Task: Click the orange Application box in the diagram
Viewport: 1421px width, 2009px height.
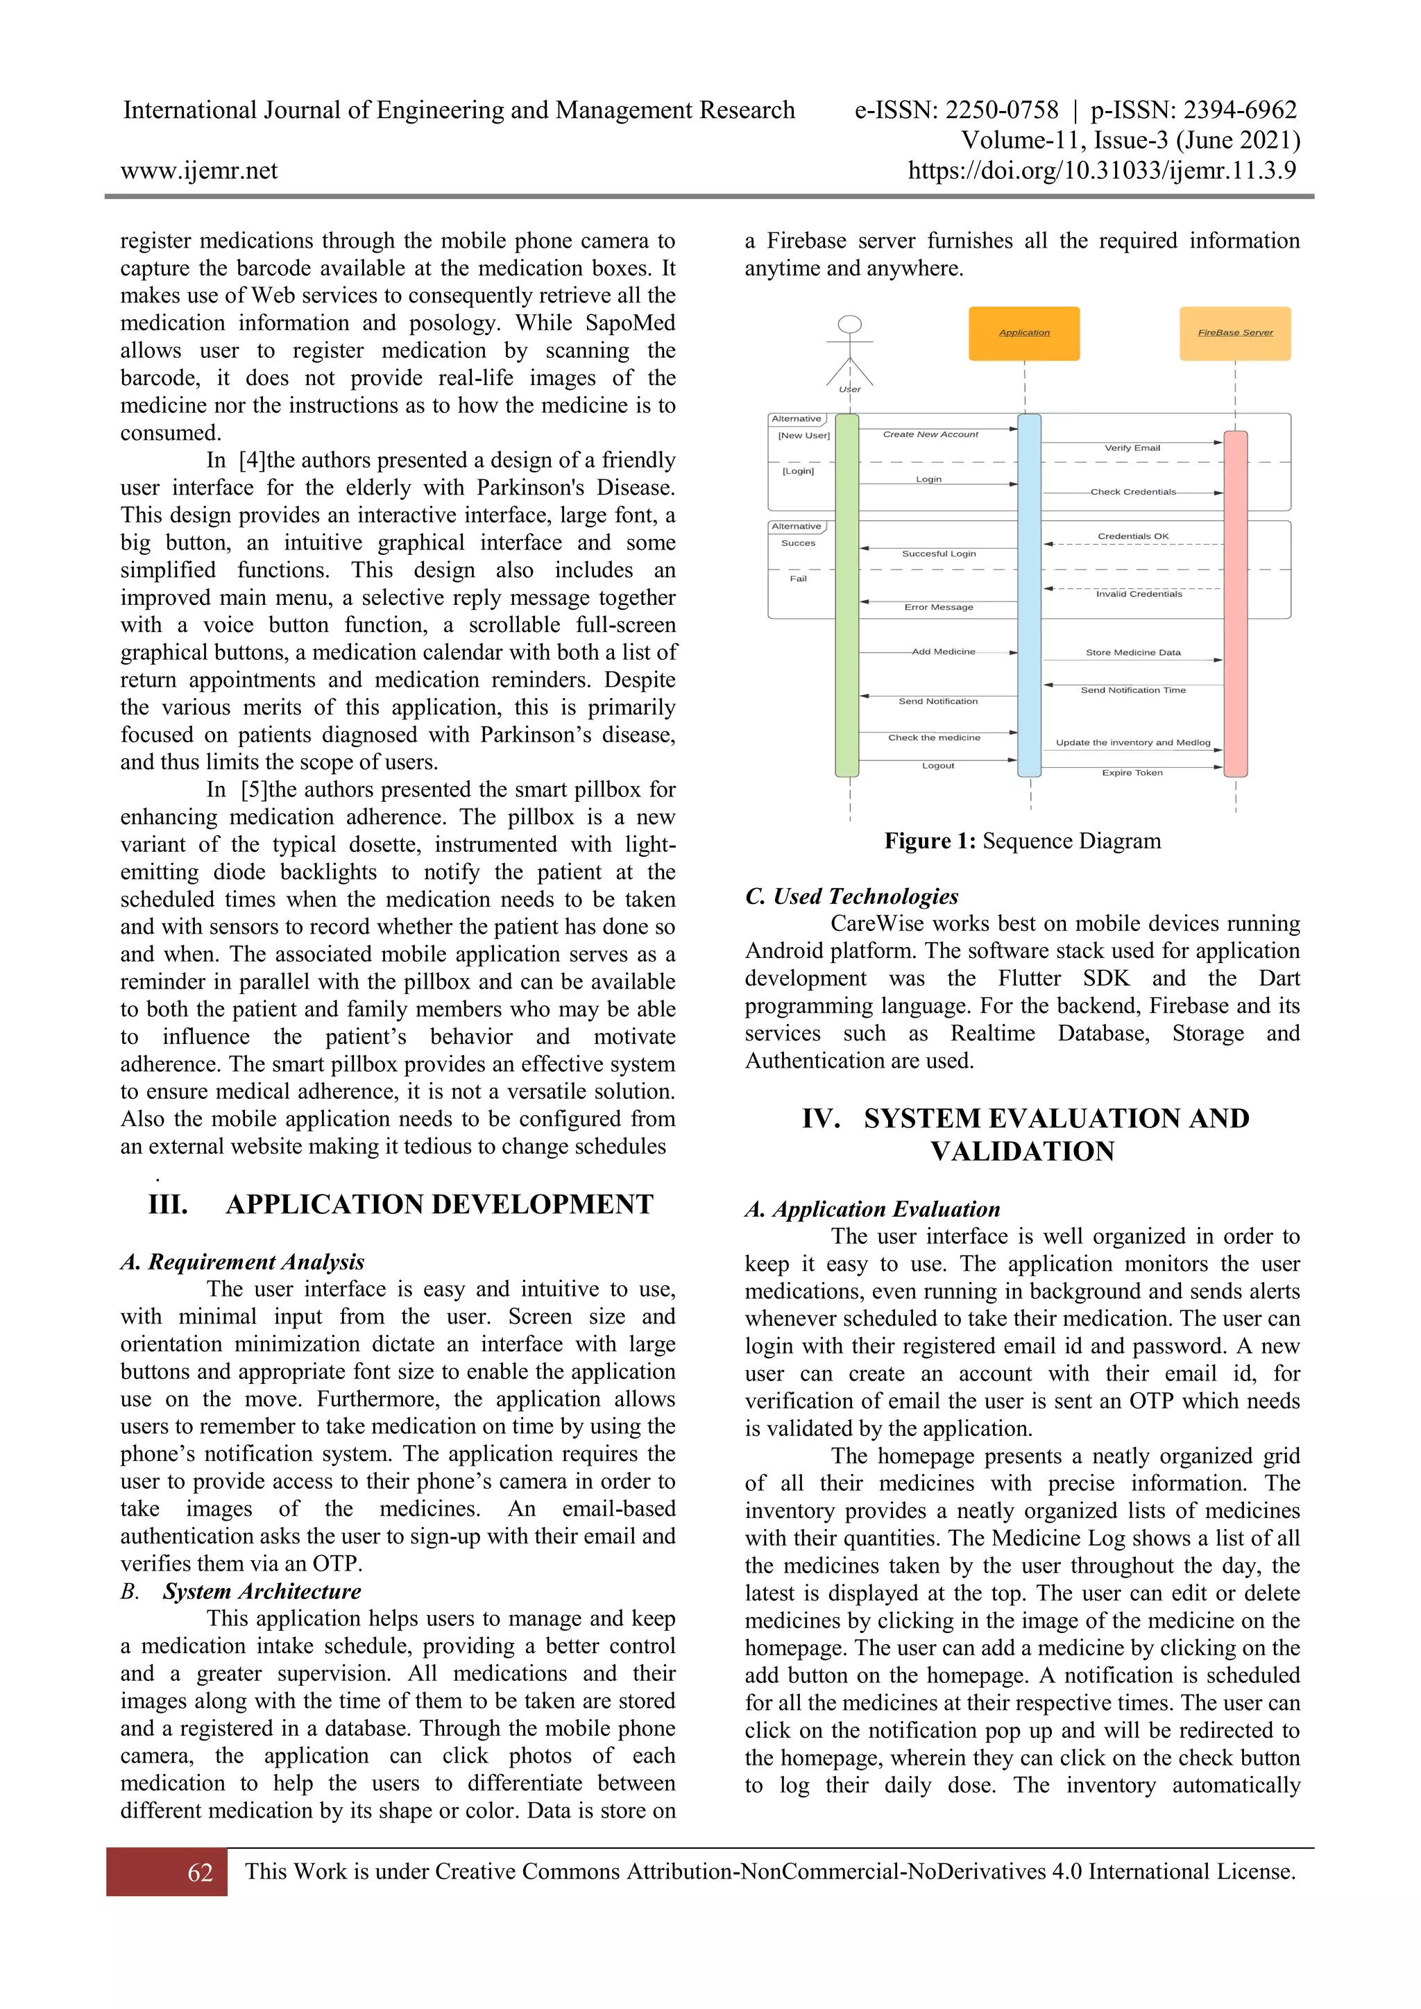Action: click(1023, 334)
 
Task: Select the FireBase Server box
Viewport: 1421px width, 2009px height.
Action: click(1234, 334)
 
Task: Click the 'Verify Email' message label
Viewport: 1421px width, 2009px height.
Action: click(1132, 448)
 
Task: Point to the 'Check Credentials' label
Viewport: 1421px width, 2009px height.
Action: click(1132, 492)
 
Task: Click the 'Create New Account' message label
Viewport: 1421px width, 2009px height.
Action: click(930, 434)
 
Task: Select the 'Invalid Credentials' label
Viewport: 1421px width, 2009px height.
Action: click(1139, 594)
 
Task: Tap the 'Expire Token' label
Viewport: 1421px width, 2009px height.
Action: click(1132, 773)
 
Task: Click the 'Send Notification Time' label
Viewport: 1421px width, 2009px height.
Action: click(1132, 690)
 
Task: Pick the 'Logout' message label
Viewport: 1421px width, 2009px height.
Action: click(937, 766)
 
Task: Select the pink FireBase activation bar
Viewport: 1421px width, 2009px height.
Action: click(1234, 604)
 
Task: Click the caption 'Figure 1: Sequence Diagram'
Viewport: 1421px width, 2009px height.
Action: click(1022, 841)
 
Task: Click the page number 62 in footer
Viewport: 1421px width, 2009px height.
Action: click(200, 1872)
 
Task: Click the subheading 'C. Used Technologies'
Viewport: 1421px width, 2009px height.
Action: click(851, 896)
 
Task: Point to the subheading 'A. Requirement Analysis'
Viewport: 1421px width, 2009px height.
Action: click(242, 1262)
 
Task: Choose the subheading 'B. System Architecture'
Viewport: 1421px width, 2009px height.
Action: click(241, 1591)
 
